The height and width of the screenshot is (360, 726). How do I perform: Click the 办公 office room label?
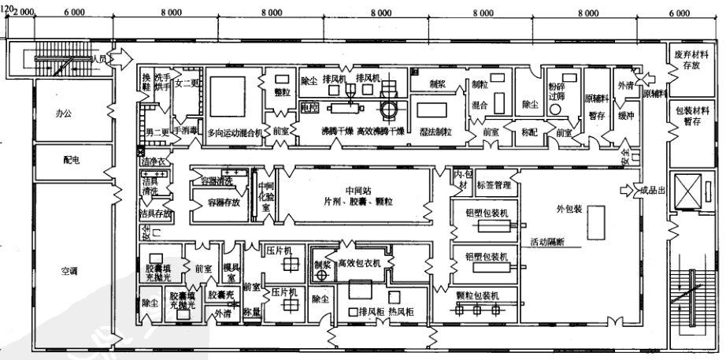[x=62, y=113]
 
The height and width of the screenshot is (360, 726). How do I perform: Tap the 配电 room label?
[x=62, y=158]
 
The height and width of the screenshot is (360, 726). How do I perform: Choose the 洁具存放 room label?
[x=155, y=213]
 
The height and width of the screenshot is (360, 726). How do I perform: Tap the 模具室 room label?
[x=231, y=273]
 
